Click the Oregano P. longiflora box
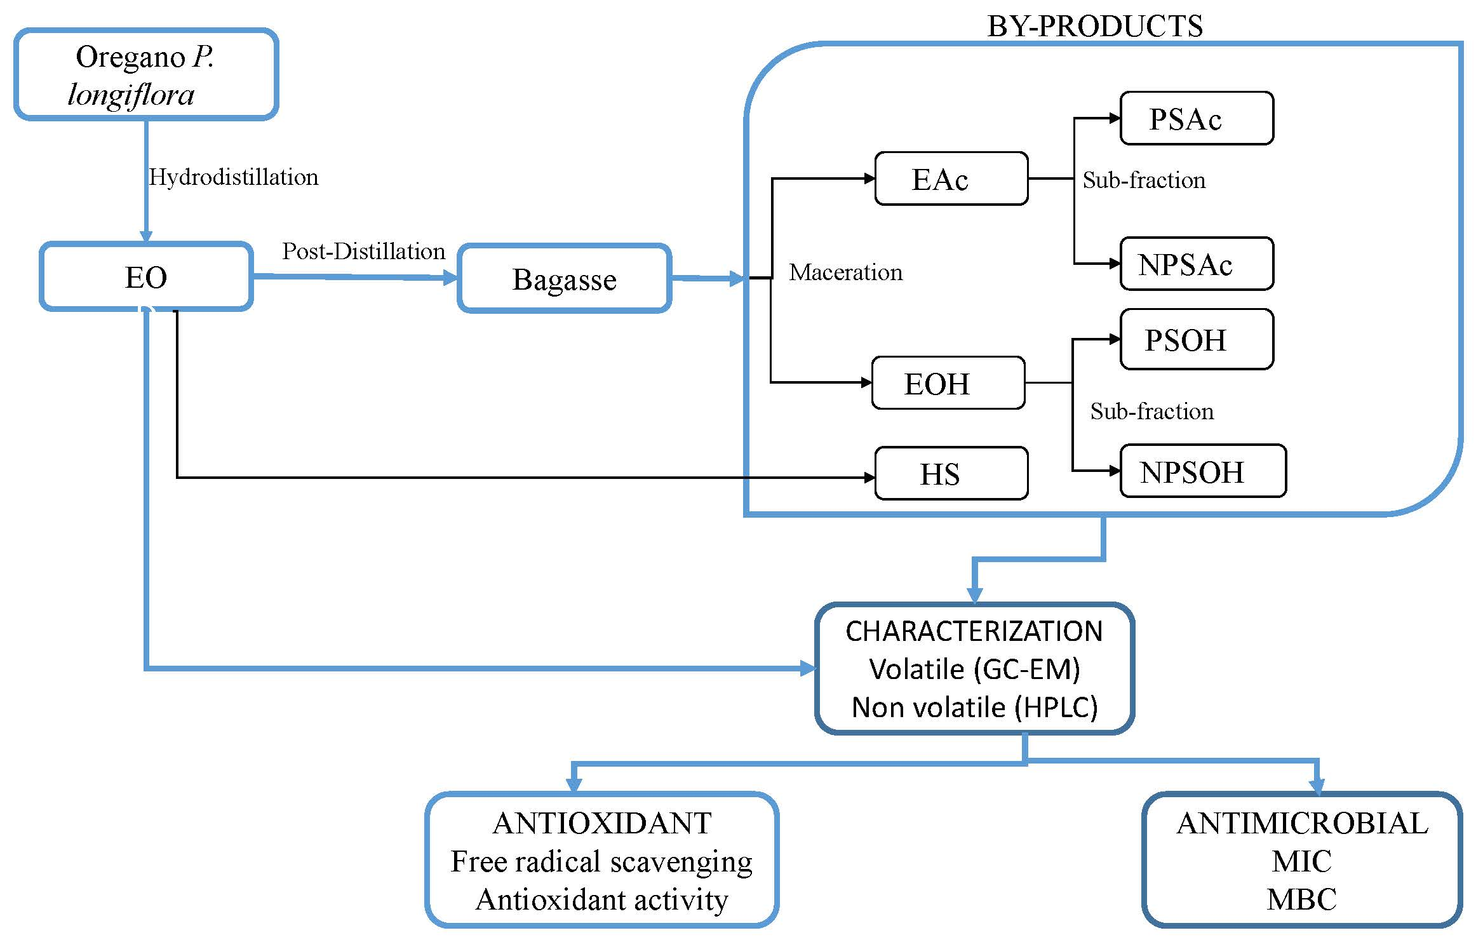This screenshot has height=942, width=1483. [x=146, y=74]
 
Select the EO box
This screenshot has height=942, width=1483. [x=146, y=276]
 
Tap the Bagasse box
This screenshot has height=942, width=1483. [x=564, y=278]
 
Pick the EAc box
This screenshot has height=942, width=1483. [x=951, y=178]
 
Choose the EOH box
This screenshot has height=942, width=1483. [x=948, y=383]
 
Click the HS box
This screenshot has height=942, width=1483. [x=951, y=473]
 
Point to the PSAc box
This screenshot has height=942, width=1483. [x=1197, y=118]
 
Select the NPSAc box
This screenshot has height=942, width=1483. [x=1197, y=264]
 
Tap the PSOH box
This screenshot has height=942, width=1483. [x=1197, y=339]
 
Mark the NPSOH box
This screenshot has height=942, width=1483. [x=1203, y=471]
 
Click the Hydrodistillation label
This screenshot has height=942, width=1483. [x=234, y=177]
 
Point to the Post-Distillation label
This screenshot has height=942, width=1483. [x=363, y=251]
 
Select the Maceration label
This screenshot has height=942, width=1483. [x=845, y=272]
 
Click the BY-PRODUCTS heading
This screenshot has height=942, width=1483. [x=1095, y=26]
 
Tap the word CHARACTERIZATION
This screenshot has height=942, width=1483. [x=974, y=631]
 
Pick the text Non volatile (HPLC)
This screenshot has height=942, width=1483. [x=974, y=707]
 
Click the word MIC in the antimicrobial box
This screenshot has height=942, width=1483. [x=1301, y=861]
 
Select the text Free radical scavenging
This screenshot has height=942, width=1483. [x=601, y=863]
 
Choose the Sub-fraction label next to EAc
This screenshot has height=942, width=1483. [x=1144, y=180]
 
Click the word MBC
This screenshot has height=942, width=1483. [x=1301, y=899]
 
